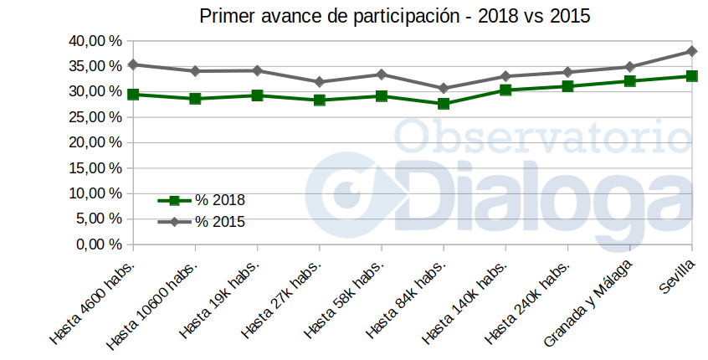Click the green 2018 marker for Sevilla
pos(691,76)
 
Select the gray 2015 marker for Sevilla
pos(691,51)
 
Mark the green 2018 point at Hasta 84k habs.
pos(444,104)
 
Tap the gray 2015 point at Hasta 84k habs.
pos(444,88)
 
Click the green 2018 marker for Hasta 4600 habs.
pos(133,95)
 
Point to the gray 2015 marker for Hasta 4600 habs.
pos(133,64)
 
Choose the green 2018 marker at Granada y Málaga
pos(629,81)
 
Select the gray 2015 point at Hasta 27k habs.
pos(320,82)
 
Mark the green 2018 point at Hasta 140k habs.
pos(505,90)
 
